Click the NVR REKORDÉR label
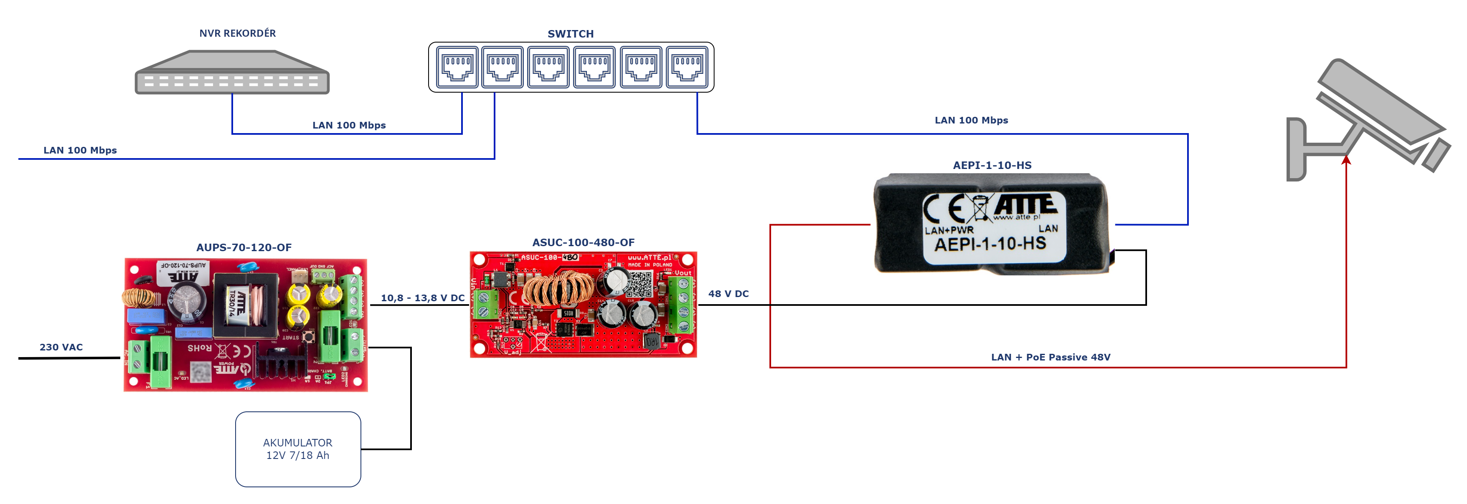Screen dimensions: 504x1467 (238, 33)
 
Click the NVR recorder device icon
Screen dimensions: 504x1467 (232, 73)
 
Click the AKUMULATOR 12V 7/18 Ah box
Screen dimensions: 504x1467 (298, 449)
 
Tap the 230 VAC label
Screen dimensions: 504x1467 (61, 347)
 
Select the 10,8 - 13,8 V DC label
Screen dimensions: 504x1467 (423, 298)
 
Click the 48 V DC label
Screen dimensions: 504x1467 (728, 294)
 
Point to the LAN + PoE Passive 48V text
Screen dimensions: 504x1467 (1050, 357)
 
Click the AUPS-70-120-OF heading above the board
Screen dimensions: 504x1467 (244, 247)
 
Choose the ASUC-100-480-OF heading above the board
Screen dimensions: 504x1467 (583, 242)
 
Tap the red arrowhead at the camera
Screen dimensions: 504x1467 (1346, 160)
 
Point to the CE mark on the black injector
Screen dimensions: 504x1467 (944, 208)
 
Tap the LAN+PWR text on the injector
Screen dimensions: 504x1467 (949, 230)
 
